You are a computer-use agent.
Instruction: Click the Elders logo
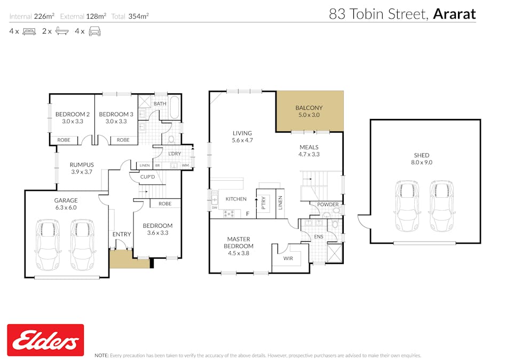pos(45,340)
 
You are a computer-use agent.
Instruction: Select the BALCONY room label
pos(309,108)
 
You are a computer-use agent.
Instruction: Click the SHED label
pos(421,155)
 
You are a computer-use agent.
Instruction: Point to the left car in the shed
pos(407,206)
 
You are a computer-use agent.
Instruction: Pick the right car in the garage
pos(82,244)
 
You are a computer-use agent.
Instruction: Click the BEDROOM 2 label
pos(72,114)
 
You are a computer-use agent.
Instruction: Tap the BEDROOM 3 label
pos(116,114)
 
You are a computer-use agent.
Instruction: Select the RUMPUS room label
pos(81,165)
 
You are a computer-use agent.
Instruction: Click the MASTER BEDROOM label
pos(239,243)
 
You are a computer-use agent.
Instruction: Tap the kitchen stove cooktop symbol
pos(229,214)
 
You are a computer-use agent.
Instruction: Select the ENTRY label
pos(122,234)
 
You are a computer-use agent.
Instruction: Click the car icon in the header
pos(94,31)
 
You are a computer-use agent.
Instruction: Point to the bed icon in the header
pos(29,31)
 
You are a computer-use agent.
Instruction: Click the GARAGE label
pos(66,201)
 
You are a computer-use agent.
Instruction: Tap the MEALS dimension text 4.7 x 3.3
pos(309,155)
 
